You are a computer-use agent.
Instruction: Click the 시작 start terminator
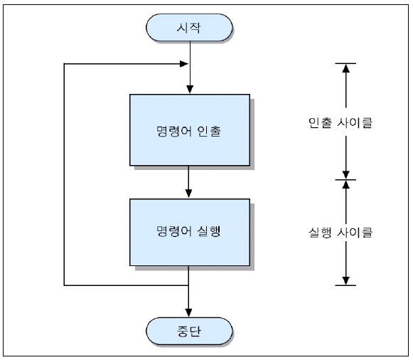[x=189, y=28]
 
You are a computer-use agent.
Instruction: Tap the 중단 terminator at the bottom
[x=189, y=331]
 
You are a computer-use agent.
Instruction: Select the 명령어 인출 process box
[x=190, y=130]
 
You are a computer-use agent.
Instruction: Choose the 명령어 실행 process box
[x=190, y=232]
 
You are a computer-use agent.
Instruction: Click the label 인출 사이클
[x=340, y=122]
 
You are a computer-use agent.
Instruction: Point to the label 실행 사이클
[x=340, y=233]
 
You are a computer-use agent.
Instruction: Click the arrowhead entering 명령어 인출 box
[x=190, y=90]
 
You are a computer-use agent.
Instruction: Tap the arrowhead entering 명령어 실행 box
[x=188, y=194]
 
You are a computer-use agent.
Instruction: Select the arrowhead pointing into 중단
[x=188, y=313]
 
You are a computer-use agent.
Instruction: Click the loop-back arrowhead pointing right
[x=184, y=64]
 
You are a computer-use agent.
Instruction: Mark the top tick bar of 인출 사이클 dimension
[x=345, y=63]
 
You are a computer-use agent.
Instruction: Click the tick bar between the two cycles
[x=345, y=180]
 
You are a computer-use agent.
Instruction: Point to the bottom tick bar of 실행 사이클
[x=345, y=285]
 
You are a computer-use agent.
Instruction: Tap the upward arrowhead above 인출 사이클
[x=346, y=68]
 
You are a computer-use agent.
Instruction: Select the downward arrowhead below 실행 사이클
[x=346, y=280]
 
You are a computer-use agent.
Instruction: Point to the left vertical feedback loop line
[x=64, y=174]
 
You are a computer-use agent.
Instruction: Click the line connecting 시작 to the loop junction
[x=190, y=53]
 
